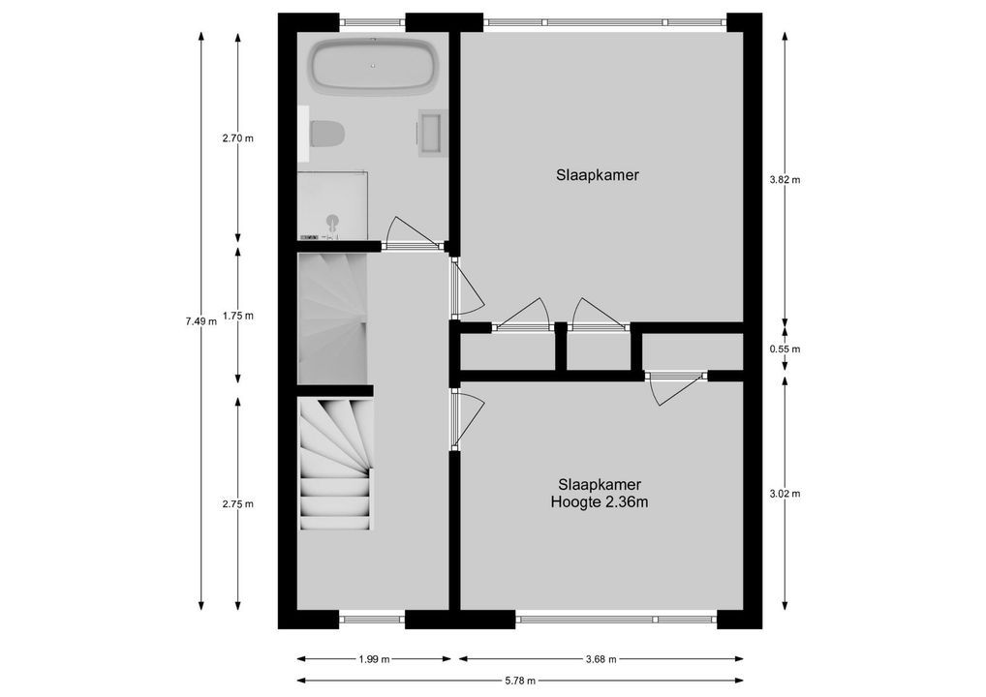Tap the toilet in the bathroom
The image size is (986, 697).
327,134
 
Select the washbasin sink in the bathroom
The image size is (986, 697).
429,134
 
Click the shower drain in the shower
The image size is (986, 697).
332,220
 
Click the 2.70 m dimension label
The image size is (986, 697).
237,138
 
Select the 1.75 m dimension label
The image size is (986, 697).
237,316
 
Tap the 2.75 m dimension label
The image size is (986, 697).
237,503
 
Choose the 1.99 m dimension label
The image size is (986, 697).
373,660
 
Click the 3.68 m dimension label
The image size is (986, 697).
601,660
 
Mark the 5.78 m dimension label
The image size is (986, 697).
519,681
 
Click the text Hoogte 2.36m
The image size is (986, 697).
599,502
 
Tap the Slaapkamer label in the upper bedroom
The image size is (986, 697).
598,175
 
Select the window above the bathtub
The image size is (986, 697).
372,21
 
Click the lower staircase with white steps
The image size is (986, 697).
334,465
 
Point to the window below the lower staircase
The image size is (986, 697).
372,620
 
